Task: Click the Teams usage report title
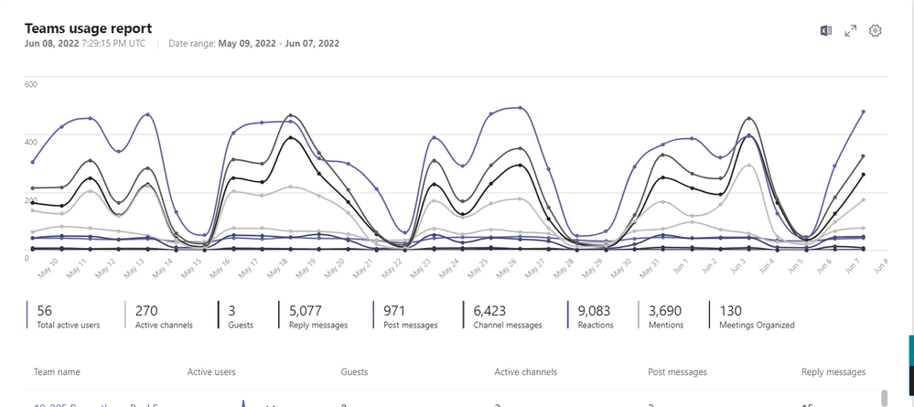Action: click(88, 29)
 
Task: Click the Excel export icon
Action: click(825, 31)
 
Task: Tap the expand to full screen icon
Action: click(850, 31)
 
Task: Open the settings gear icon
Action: click(875, 31)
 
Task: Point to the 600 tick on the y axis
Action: click(30, 85)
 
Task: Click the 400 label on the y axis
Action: click(30, 143)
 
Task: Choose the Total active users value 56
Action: click(44, 311)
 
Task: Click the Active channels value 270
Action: click(146, 311)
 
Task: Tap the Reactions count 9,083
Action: click(596, 311)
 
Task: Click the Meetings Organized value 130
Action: click(731, 311)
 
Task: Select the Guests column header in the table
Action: click(354, 372)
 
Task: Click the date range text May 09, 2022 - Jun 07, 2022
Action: click(278, 43)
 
